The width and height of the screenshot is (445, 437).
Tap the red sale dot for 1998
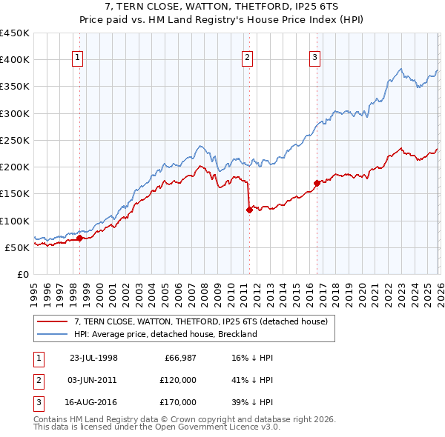[x=80, y=238]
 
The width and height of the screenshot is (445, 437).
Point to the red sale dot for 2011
[x=248, y=210]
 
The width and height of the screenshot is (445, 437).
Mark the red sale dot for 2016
[x=317, y=182]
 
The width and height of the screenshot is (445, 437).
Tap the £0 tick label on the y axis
[x=23, y=274]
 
